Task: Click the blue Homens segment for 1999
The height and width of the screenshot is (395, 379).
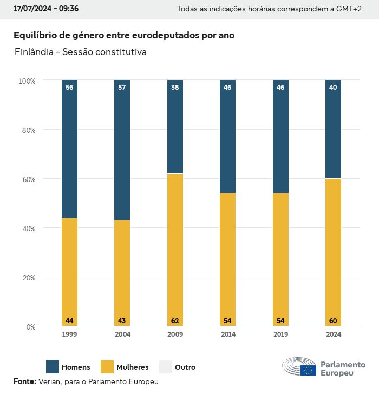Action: pos(69,149)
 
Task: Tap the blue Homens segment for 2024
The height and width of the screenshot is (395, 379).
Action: pos(333,129)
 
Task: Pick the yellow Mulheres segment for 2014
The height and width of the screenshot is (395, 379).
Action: pos(227,259)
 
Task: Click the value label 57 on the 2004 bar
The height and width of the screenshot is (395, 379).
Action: pos(122,87)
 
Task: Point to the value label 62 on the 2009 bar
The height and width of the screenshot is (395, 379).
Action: pos(175,321)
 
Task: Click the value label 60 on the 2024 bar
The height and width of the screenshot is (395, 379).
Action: pos(333,321)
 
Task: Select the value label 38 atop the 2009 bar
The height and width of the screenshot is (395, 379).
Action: pos(175,87)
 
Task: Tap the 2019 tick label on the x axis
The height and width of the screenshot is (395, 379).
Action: pos(280,334)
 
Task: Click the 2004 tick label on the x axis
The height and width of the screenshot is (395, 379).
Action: pos(122,334)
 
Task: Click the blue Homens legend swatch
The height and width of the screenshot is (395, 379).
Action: pos(53,367)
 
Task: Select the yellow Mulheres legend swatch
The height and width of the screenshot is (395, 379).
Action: pos(108,367)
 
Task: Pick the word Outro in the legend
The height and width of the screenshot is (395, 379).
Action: pos(185,367)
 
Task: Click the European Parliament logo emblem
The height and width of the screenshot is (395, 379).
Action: pos(299,367)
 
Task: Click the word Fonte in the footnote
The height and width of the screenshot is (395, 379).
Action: pos(24,381)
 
